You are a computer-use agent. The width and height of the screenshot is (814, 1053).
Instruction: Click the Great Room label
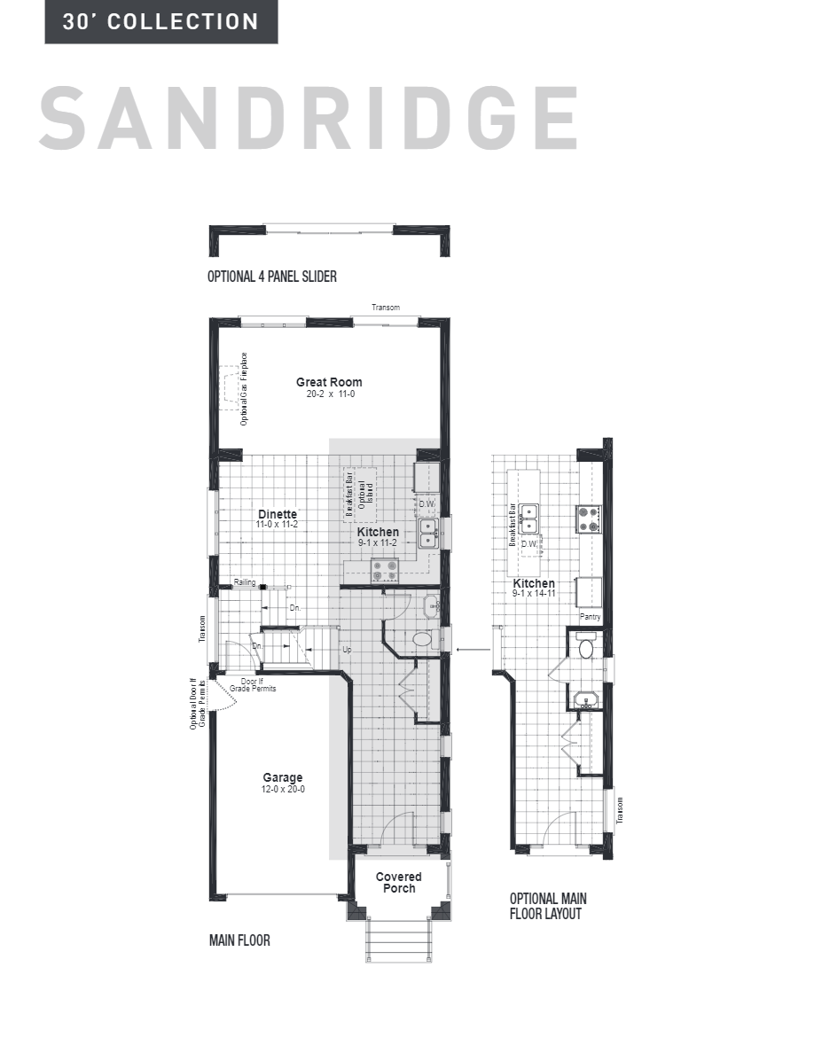pos(329,382)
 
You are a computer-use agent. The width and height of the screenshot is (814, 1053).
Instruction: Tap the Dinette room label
pos(277,514)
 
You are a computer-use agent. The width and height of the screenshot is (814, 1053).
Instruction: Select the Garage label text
pos(282,777)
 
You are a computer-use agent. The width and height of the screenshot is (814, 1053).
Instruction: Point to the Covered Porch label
pos(399,882)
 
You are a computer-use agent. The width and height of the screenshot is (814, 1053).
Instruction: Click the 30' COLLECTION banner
pos(160,22)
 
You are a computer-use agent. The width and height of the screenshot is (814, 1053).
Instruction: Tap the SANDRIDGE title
pos(309,118)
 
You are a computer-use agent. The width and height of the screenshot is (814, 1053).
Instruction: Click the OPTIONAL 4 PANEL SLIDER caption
pos(271,277)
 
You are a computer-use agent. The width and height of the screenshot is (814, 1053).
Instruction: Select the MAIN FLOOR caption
pos(239,940)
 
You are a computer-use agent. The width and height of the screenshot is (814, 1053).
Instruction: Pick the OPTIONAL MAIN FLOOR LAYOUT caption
pos(547,906)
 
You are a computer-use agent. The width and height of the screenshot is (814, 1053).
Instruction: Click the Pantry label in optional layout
pos(590,616)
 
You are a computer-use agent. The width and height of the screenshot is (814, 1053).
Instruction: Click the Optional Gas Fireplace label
pos(245,389)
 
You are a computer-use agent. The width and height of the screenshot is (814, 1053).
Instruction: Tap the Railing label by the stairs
pos(245,582)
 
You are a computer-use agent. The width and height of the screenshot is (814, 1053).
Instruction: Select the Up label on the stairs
pos(347,650)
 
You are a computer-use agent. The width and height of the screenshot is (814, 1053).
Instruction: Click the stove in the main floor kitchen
pos(384,569)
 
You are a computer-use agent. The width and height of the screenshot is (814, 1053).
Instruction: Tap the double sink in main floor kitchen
pos(427,532)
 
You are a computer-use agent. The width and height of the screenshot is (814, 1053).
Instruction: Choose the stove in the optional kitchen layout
pos(589,518)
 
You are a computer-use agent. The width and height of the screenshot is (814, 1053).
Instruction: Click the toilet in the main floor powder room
pos(423,639)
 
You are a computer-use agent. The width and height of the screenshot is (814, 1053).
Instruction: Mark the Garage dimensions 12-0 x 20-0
pos(282,789)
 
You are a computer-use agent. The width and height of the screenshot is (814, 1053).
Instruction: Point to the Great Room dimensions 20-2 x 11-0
pos(329,394)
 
